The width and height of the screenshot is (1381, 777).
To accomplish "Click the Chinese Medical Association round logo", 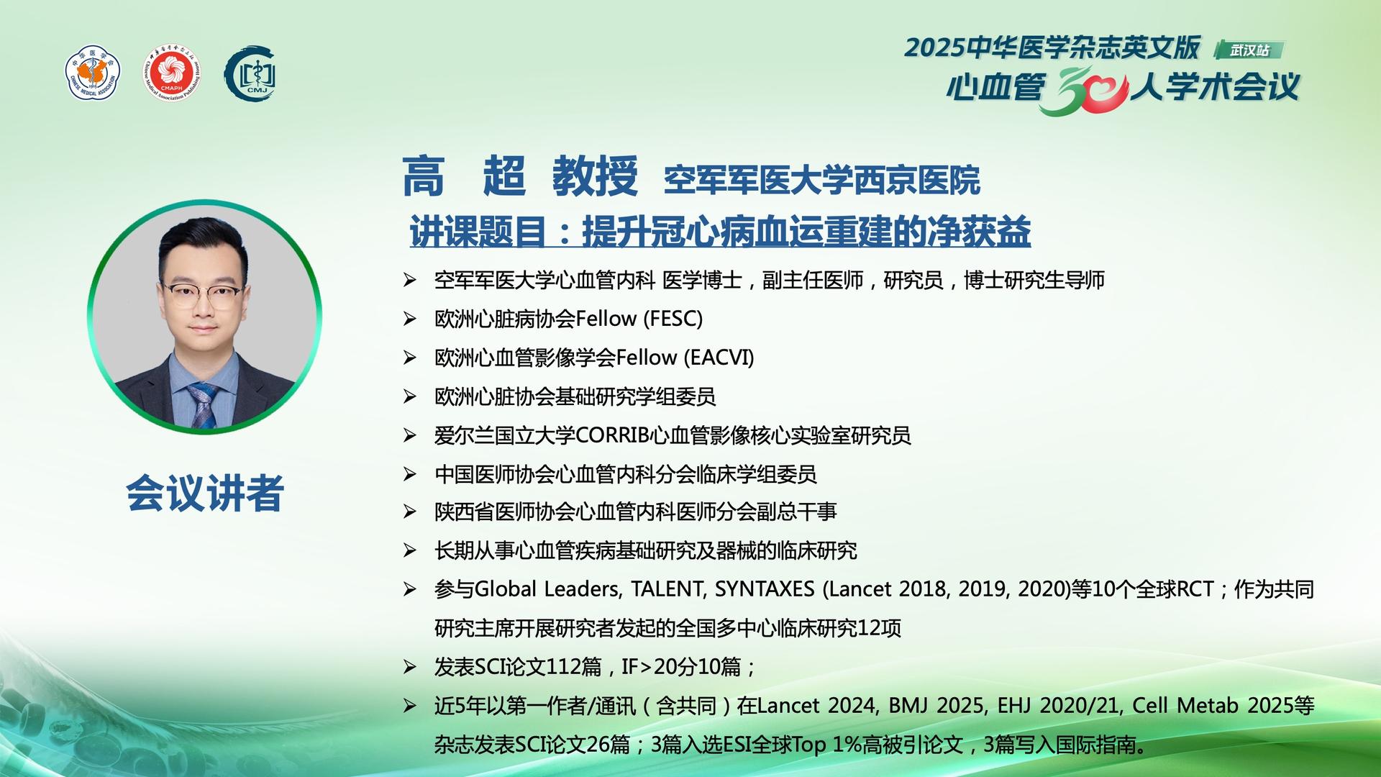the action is tap(93, 74).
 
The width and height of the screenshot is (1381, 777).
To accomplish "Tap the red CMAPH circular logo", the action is tap(171, 74).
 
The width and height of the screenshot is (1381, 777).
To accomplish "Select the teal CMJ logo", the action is tap(250, 74).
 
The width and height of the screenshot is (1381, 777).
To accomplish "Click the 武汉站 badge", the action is tap(1249, 50).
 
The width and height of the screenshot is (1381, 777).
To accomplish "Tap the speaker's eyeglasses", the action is tap(201, 294).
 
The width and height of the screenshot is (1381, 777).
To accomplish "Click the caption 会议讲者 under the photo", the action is tap(205, 494).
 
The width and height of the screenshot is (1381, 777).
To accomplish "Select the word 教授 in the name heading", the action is tap(595, 176).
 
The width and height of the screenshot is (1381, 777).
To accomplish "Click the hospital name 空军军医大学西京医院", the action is tap(821, 180).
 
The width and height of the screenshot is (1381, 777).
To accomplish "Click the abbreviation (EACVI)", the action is tap(719, 358).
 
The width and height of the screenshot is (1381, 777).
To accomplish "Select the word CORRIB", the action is tap(613, 435).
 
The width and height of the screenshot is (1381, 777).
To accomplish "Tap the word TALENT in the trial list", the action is tap(668, 589).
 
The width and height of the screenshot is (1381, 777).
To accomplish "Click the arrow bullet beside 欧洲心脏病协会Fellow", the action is tap(410, 319).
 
